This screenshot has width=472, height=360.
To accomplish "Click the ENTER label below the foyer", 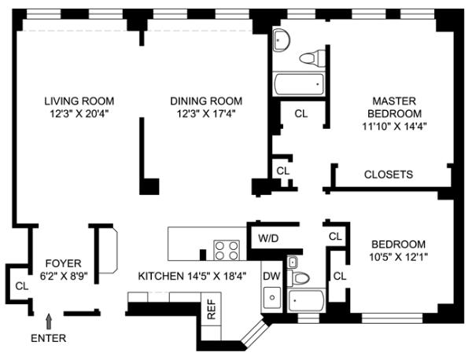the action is click(49, 338).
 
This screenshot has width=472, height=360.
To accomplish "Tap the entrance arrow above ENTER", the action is click(49, 321).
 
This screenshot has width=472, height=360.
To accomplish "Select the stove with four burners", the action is click(227, 250).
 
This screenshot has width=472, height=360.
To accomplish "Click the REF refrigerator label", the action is click(212, 309).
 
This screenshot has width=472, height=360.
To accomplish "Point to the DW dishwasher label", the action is click(271, 276).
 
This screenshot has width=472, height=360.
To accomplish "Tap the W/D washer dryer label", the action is click(268, 238).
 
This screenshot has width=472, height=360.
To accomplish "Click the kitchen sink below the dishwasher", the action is click(272, 298).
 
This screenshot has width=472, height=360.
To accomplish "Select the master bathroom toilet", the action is click(312, 57).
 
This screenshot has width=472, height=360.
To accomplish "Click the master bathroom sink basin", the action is click(282, 40).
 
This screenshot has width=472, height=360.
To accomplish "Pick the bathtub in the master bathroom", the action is click(299, 84).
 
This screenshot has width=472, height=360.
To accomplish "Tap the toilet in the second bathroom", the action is click(298, 278).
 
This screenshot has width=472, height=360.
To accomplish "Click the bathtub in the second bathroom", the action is click(306, 301).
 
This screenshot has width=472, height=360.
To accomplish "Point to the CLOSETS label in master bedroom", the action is click(389, 174).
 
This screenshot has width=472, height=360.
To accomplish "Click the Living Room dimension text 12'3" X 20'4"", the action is click(79, 114).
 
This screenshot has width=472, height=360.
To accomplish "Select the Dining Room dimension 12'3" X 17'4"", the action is click(206, 114).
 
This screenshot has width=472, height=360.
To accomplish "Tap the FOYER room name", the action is click(64, 263).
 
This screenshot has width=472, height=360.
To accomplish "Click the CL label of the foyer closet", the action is click(22, 286).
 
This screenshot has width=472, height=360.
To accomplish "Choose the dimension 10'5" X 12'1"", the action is click(399, 257).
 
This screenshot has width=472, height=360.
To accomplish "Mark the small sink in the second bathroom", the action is click(292, 263).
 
